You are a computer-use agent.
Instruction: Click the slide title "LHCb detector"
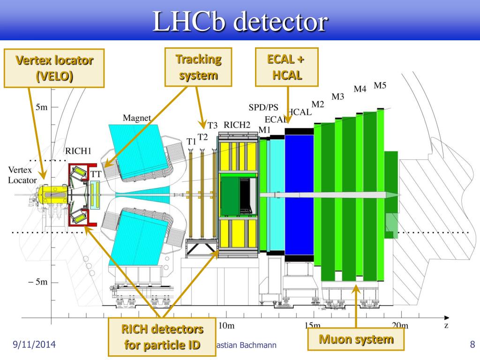[240, 22]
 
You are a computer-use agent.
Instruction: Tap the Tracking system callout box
[198, 67]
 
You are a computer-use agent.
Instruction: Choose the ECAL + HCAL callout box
[287, 67]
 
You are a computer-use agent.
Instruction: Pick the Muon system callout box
[356, 340]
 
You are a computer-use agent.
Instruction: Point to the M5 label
[380, 85]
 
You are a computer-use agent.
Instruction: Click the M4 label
[360, 89]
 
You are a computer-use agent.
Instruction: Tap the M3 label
[338, 97]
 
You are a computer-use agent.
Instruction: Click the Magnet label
[137, 118]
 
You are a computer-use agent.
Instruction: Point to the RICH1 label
[78, 150]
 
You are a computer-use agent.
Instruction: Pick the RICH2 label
[237, 125]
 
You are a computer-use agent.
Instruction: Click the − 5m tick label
[37, 283]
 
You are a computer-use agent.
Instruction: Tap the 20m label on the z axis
[399, 325]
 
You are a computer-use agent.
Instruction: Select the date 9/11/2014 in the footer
[34, 345]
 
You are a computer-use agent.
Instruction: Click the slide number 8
[472, 345]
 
